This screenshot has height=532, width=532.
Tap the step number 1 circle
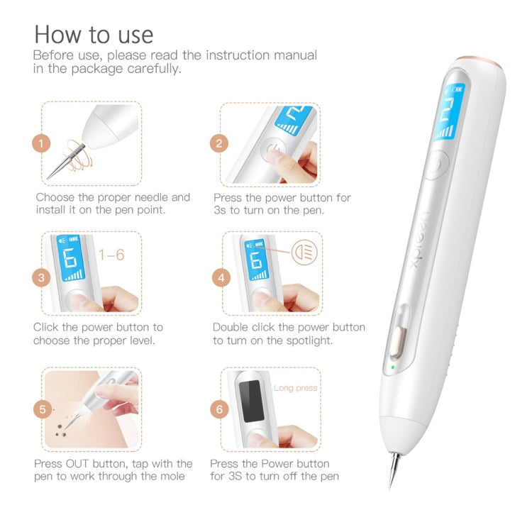[42, 143]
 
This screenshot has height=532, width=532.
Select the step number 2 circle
[219, 143]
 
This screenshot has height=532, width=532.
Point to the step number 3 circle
[42, 277]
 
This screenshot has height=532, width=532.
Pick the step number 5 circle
[42, 409]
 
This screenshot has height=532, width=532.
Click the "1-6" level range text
[111, 253]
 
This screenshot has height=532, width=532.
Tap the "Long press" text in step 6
[296, 388]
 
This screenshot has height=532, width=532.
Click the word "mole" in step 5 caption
[171, 476]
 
